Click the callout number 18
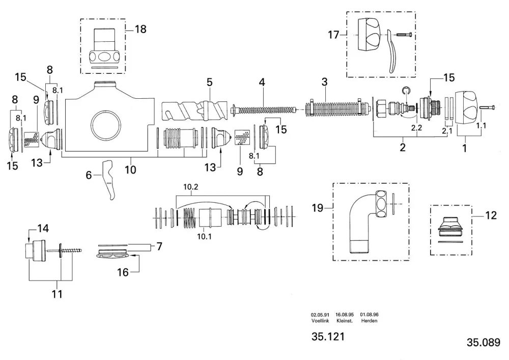point(140,29)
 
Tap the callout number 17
point(333,35)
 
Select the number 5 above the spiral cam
point(209,82)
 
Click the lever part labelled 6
point(109,180)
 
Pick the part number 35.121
point(328,336)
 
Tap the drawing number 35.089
point(484,342)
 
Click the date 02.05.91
point(320,315)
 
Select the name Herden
point(369,321)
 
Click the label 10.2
point(190,187)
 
